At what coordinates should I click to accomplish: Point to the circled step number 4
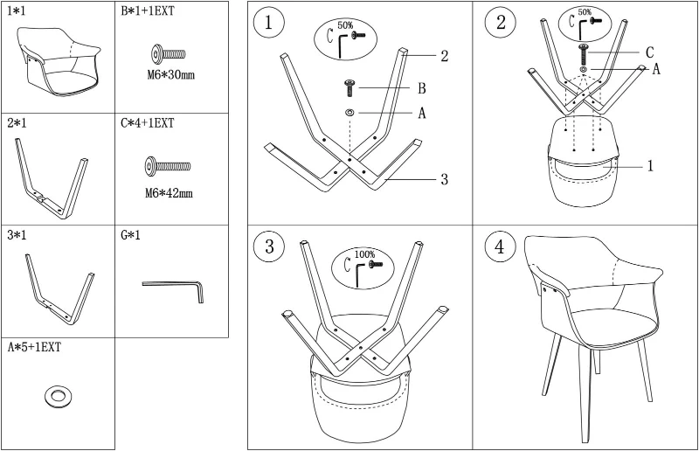[x=499, y=247]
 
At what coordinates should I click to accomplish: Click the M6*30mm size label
[x=170, y=75]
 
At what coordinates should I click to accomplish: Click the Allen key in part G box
[x=172, y=289]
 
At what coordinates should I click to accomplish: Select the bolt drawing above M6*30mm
[x=169, y=54]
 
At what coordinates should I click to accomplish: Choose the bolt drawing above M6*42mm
[x=167, y=165]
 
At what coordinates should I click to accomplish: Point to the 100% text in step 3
[x=364, y=254]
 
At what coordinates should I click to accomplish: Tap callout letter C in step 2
[x=649, y=52]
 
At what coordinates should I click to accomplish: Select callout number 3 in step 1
[x=444, y=180]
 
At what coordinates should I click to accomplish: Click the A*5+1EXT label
[x=34, y=348]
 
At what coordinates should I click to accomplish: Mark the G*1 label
[x=131, y=236]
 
